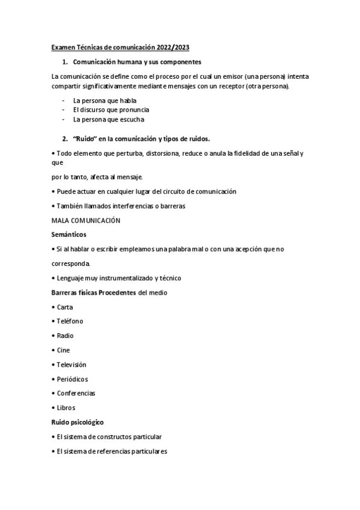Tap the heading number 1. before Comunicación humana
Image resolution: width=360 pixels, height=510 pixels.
65,62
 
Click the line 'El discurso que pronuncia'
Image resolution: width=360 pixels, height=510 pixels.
111,109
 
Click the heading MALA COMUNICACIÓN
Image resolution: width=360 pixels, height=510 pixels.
86,220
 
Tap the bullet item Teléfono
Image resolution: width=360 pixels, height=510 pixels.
69,321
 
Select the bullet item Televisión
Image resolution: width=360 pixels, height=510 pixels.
71,364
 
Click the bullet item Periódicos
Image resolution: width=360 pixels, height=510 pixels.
72,379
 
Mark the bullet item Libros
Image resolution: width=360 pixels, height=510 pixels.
66,408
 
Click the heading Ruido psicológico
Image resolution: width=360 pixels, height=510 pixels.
81,422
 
